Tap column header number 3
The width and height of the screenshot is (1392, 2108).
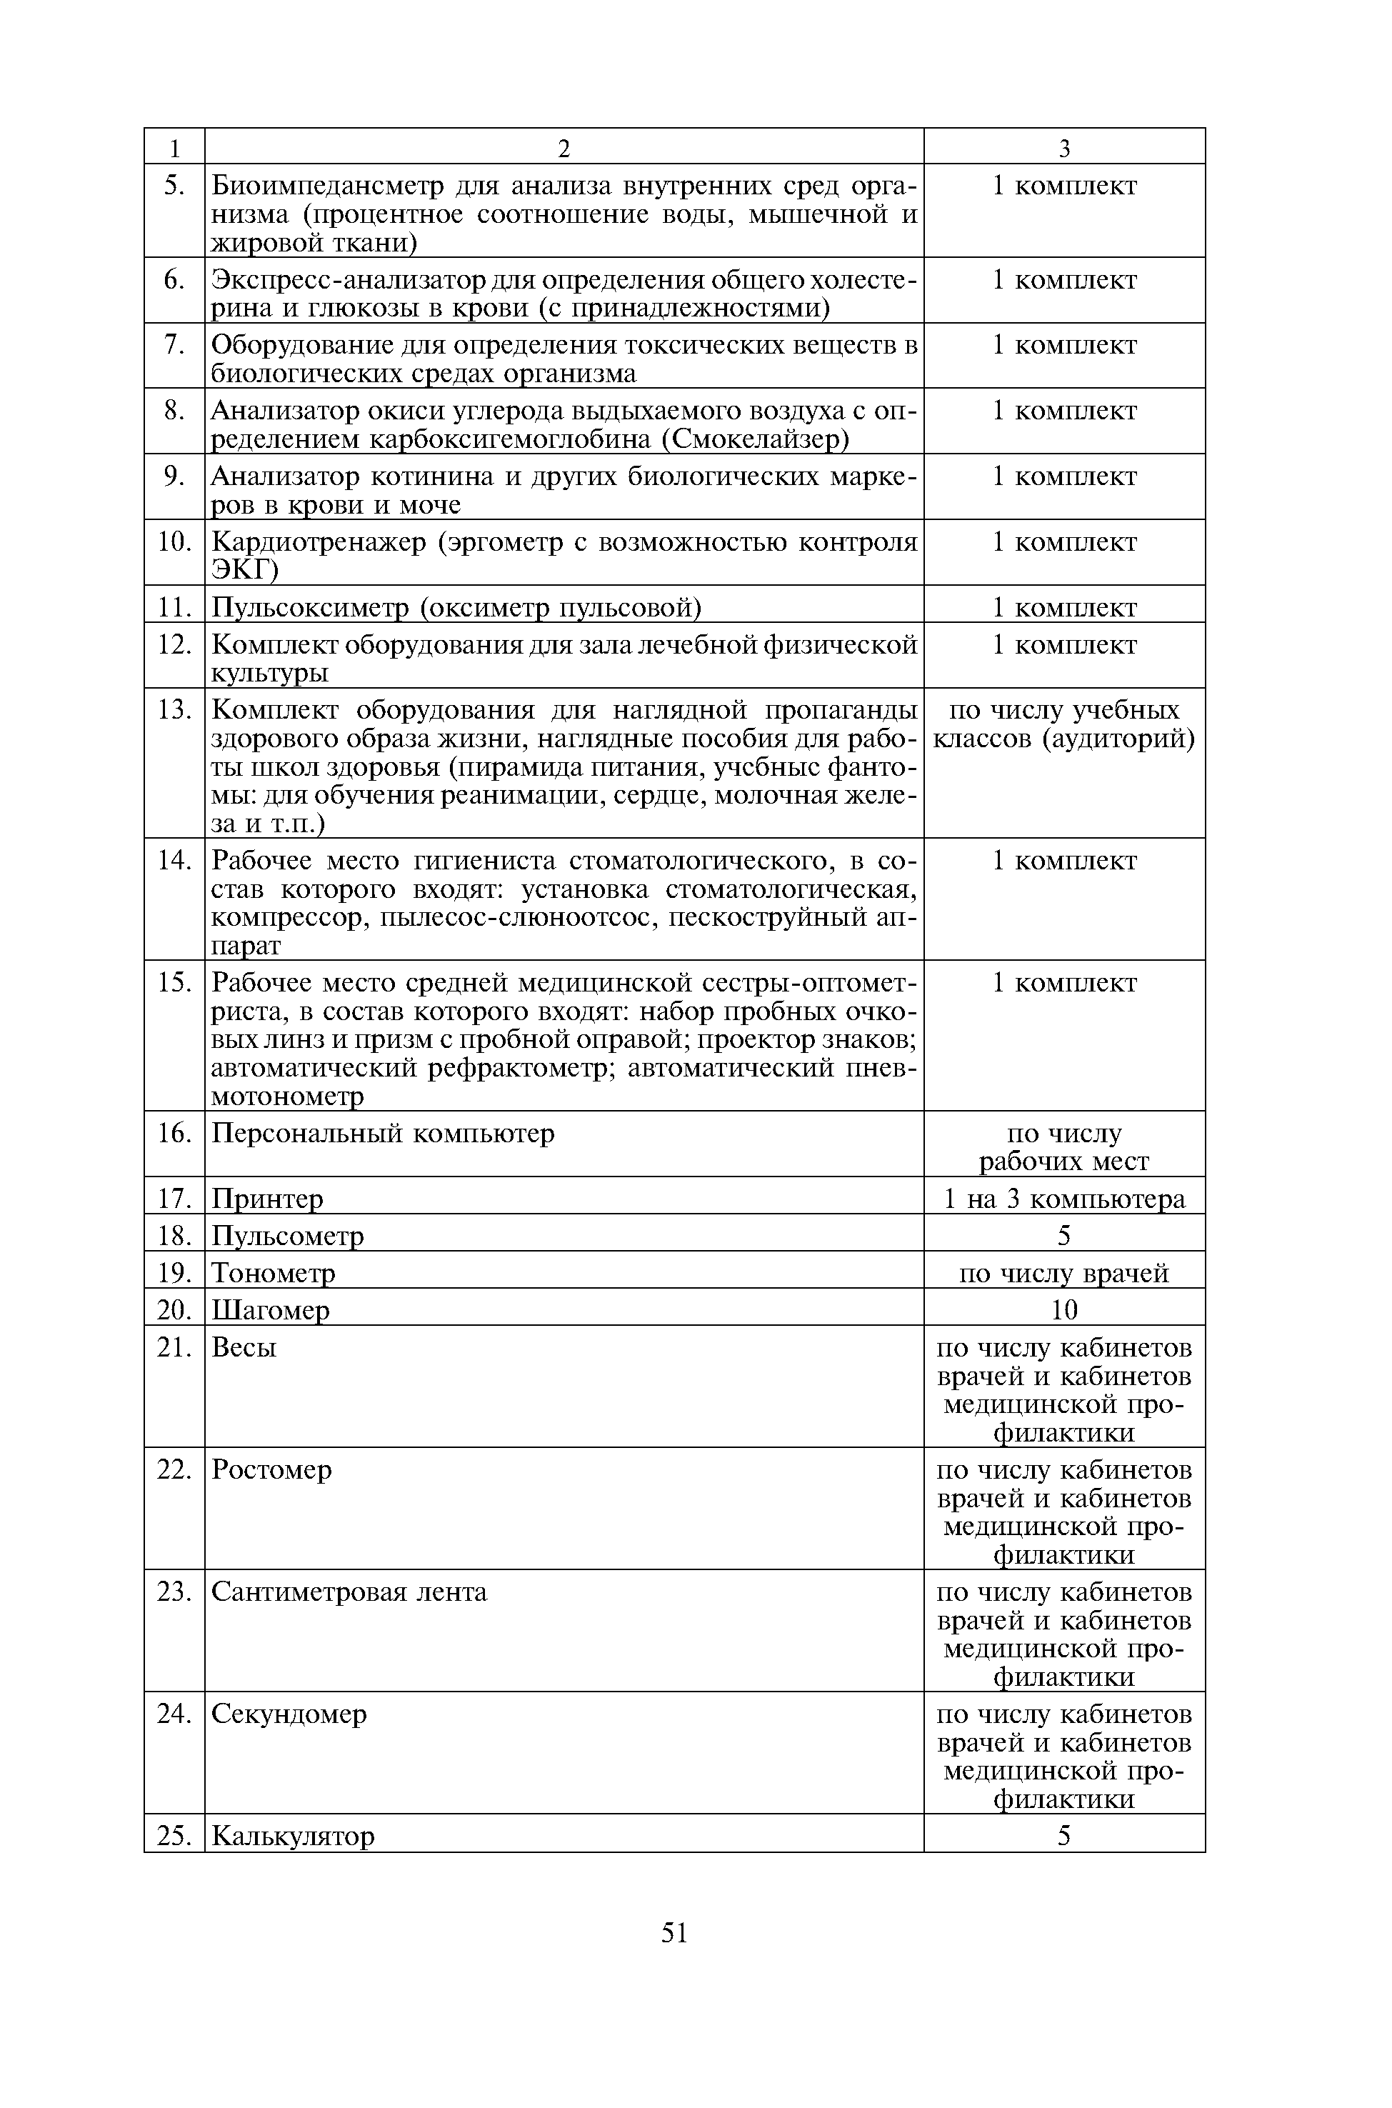tap(1063, 149)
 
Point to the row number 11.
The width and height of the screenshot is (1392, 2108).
tap(175, 607)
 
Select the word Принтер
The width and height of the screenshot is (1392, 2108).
tap(267, 1199)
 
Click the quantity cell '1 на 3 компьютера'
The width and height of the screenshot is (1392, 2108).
tap(1063, 1199)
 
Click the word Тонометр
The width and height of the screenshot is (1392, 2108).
tap(274, 1274)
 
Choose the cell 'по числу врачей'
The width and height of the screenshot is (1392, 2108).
tap(1063, 1274)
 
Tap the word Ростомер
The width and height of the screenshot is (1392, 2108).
tap(271, 1469)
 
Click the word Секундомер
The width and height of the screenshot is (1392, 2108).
tap(289, 1714)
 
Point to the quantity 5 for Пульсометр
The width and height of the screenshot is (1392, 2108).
tap(1063, 1235)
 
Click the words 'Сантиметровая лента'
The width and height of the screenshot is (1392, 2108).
tap(349, 1592)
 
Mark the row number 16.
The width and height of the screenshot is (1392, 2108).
tap(175, 1133)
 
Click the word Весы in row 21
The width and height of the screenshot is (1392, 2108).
tap(244, 1348)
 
